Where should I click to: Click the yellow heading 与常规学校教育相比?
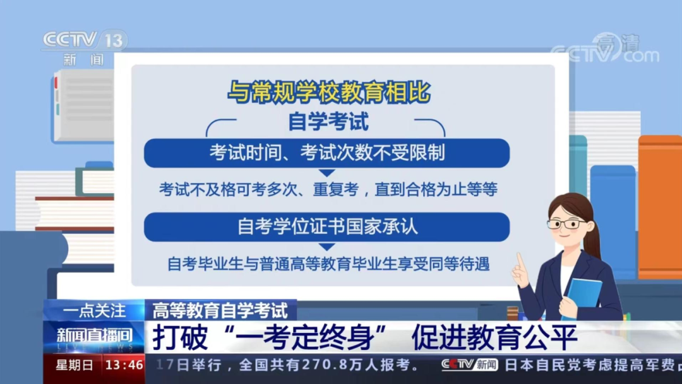tap(329, 92)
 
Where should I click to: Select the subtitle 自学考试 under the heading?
tap(328, 122)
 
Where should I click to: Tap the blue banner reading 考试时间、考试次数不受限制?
tap(326, 153)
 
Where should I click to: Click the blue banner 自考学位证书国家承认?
tap(326, 227)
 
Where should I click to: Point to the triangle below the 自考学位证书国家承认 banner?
tap(327, 247)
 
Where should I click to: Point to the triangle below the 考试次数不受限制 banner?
tap(327, 173)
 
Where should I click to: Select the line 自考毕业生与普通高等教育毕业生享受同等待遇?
tap(329, 264)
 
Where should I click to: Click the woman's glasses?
tap(566, 224)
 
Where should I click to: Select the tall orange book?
tap(660, 207)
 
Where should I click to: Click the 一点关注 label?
tap(94, 311)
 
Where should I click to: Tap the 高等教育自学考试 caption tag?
tap(220, 311)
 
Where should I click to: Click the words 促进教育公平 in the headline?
tap(494, 337)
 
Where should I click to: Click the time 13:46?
tap(124, 365)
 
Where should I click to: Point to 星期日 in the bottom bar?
tap(75, 365)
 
